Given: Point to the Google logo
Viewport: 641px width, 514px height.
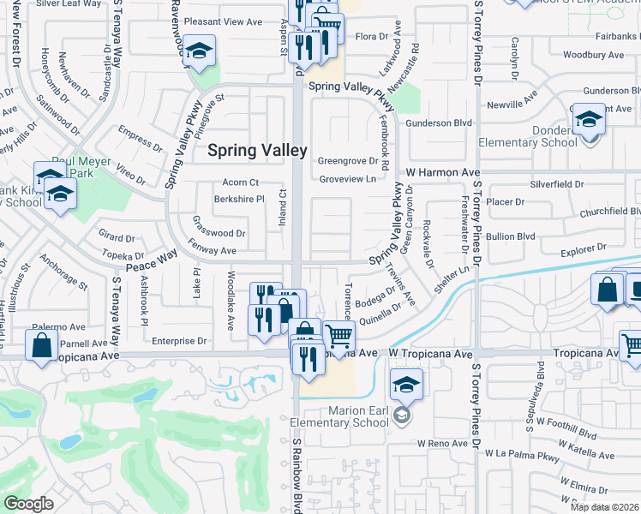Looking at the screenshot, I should [x=28, y=504].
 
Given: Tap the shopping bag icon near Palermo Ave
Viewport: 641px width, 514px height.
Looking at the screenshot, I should [x=41, y=346].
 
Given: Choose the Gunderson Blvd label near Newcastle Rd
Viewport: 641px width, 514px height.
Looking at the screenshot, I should [x=440, y=123].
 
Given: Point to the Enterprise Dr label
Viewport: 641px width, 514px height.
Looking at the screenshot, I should [x=179, y=341].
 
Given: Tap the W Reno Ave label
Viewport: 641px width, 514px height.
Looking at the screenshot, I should [x=443, y=444].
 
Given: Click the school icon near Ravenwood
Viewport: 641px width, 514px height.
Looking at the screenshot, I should [x=199, y=54].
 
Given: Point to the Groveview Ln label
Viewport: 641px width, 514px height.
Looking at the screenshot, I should [x=347, y=179].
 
